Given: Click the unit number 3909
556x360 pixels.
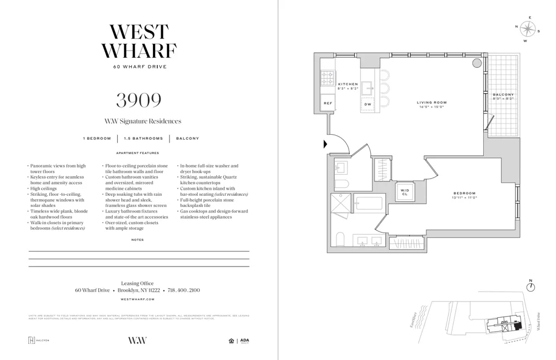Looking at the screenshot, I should [138, 100].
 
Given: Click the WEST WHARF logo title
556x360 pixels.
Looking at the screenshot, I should [138, 42].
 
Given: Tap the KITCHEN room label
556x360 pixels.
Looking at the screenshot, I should [348, 85].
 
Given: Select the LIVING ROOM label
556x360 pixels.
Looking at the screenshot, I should [431, 102].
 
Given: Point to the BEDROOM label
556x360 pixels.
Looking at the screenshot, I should [465, 193].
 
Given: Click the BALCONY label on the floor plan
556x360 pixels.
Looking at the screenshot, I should [503, 95].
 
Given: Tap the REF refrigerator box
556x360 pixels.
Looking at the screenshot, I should [328, 103].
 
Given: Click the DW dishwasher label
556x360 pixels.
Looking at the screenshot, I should [368, 104].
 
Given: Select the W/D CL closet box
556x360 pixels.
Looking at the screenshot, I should [404, 191].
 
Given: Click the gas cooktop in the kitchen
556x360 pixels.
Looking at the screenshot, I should [327, 78].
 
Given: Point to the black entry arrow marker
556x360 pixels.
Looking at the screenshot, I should [325, 144].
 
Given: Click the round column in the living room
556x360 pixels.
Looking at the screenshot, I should [477, 63].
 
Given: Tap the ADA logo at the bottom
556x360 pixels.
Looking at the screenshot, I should [244, 341].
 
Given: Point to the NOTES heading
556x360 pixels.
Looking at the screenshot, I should [137, 240].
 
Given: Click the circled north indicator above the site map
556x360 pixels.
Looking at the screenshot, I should [530, 287].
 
